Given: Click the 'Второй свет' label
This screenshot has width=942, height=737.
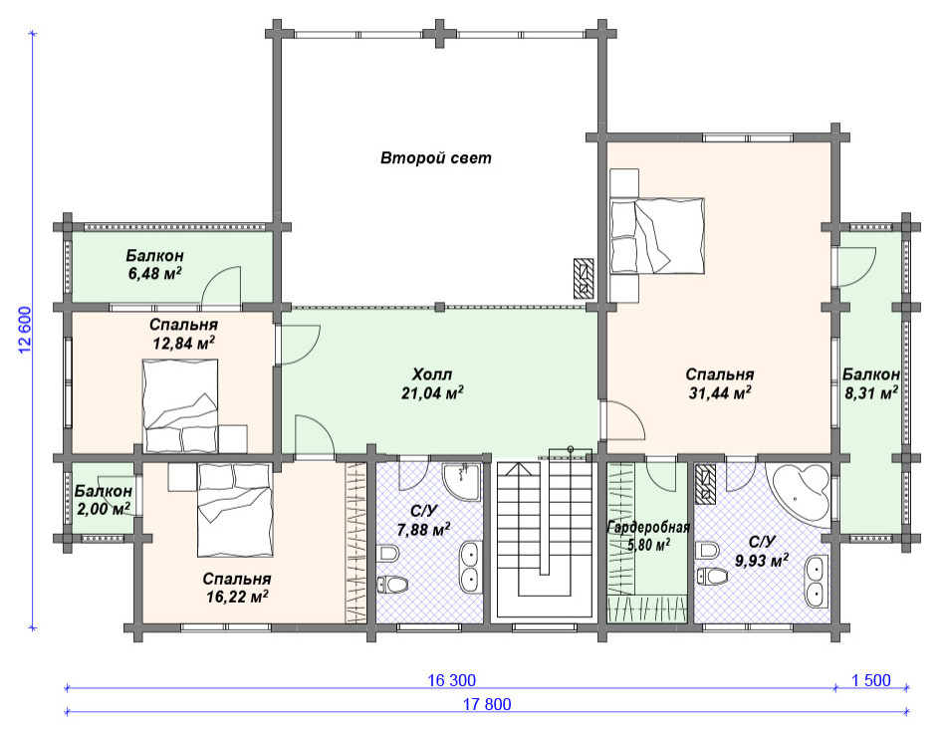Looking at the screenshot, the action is (x=435, y=158).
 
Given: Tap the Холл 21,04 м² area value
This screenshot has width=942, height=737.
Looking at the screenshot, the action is (x=432, y=393).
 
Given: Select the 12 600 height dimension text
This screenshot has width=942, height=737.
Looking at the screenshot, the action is (x=25, y=331).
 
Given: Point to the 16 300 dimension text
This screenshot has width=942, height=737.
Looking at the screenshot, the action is (x=451, y=680).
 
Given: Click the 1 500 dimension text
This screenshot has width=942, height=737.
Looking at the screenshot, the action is (x=871, y=680).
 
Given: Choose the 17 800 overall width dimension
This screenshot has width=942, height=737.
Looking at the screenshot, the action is (x=487, y=704).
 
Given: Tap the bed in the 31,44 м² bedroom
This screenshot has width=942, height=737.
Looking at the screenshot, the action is (x=657, y=235).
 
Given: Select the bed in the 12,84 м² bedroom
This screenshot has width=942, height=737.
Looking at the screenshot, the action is (x=179, y=405).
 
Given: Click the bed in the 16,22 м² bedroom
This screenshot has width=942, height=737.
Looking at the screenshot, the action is (x=235, y=509).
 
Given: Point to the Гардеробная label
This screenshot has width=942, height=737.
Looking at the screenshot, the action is (x=648, y=528).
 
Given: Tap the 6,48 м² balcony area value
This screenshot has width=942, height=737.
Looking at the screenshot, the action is (x=154, y=274).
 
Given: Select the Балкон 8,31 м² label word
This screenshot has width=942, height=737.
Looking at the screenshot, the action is (x=870, y=374).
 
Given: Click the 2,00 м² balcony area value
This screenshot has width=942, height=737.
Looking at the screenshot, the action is (x=104, y=509).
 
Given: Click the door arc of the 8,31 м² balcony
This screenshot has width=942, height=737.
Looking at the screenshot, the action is (x=858, y=267).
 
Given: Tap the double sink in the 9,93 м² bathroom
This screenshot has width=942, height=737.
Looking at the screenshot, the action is (x=816, y=582).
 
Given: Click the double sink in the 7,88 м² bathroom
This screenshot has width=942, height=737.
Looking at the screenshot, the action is (x=470, y=566).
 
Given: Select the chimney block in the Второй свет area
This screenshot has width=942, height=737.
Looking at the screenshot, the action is (x=584, y=279).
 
